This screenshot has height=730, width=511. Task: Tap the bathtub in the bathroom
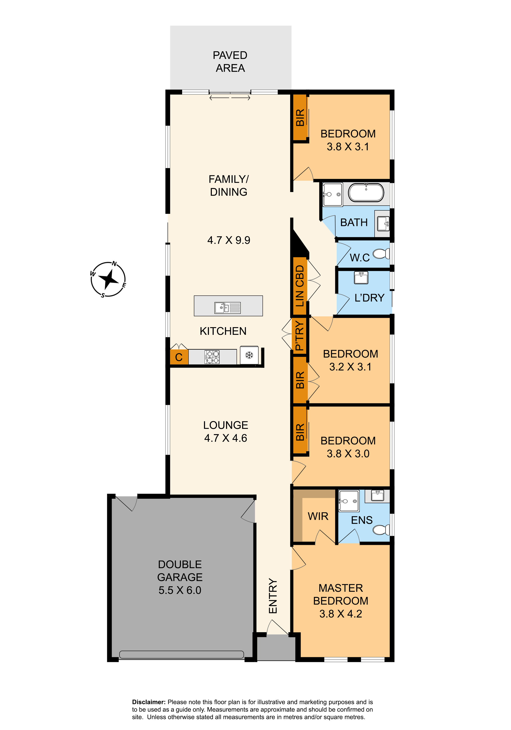point(366,192)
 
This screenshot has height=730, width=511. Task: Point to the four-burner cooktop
point(212,356)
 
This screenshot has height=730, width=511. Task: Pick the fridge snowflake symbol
point(249,355)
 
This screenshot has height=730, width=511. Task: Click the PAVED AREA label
point(230,61)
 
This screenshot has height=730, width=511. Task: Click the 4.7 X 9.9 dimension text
point(229,240)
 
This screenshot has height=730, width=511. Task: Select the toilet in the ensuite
point(381,530)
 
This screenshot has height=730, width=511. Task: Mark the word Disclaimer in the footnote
point(149,702)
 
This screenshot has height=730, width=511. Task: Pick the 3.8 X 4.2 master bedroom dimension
point(341,613)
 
